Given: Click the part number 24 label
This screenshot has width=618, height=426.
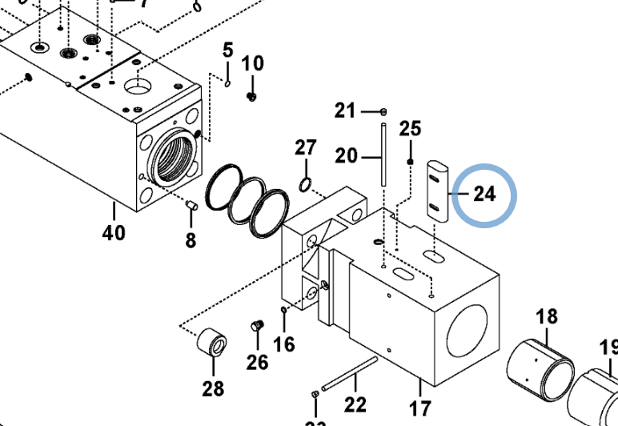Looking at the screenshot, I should tap(484, 194).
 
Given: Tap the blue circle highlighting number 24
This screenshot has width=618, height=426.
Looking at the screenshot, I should tap(485, 195).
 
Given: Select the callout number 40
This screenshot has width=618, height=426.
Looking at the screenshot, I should tap(114, 233).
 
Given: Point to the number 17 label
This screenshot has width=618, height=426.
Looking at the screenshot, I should tap(419, 408).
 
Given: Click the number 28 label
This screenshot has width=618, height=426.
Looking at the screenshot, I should tap(213, 389).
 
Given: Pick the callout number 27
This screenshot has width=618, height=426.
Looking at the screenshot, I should tap(306, 148).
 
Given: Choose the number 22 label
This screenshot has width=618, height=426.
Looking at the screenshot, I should tap(355, 404).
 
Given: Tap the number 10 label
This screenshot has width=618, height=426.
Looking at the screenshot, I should tap(252, 63).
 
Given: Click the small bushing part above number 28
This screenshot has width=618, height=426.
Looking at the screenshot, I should tap(212, 344).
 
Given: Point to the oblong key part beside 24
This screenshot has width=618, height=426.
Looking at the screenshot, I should tap(436, 188).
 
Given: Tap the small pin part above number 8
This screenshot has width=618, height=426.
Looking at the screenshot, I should tap(192, 206).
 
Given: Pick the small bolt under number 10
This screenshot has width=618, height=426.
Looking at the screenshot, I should tap(252, 96).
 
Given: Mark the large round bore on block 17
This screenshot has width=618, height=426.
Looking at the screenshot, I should tap(471, 325).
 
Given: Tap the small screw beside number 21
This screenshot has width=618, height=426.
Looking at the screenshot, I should tap(383, 111).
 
